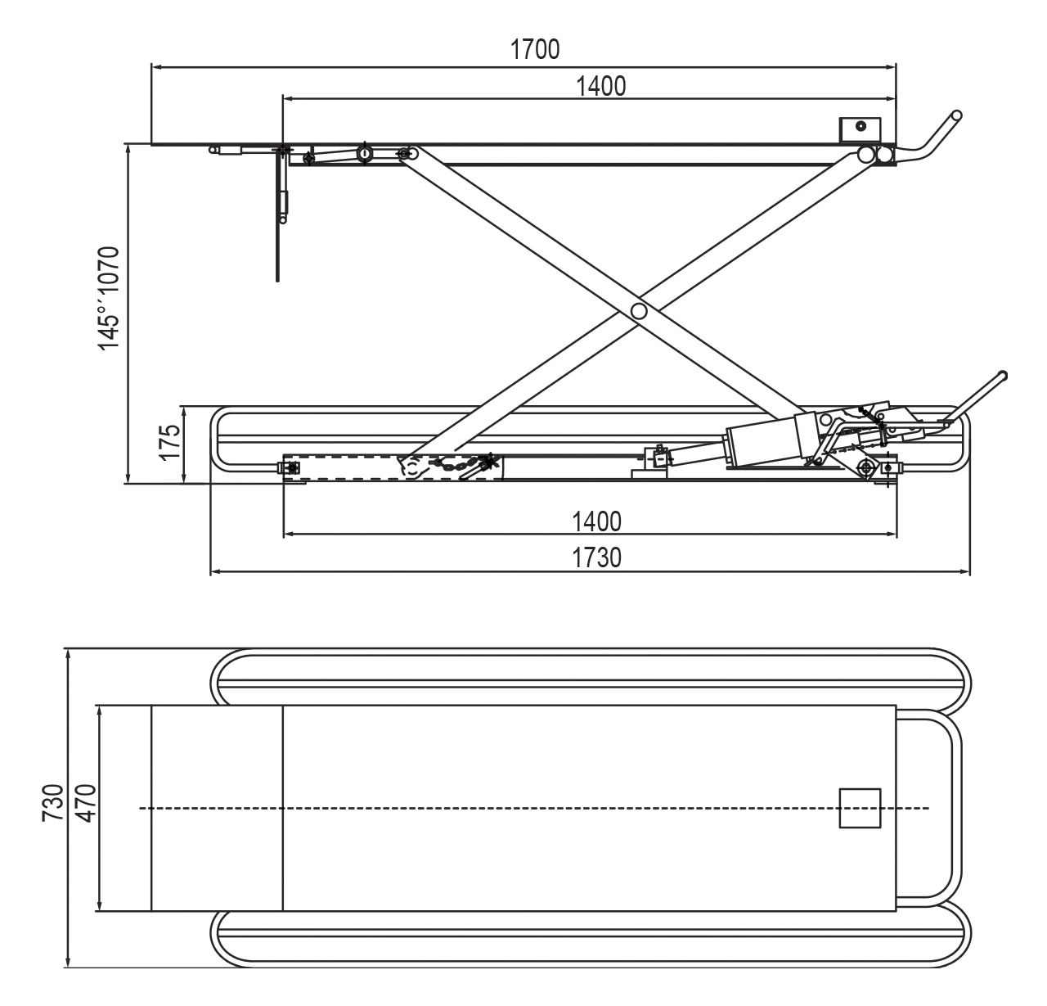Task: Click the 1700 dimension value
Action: [x=535, y=49]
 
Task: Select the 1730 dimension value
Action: [x=596, y=558]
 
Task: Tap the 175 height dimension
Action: [x=169, y=443]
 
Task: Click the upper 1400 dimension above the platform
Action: [x=601, y=86]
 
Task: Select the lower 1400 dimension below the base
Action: [x=596, y=521]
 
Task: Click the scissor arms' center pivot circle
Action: [x=639, y=311]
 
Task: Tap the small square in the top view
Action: [x=860, y=809]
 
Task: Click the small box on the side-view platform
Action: [x=858, y=129]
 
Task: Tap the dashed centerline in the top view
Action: [x=532, y=809]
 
